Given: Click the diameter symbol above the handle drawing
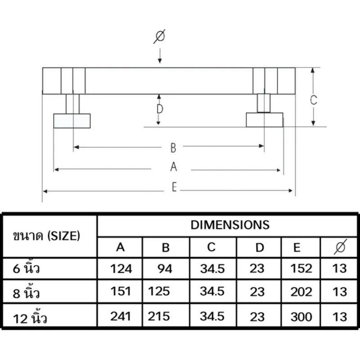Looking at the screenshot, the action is tap(159, 36).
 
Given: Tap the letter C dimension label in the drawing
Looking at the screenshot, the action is tap(313, 100).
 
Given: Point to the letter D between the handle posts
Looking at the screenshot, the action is tap(160, 109).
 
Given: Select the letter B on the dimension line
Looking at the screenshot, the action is tap(173, 148).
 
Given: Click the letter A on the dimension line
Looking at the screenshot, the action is tap(174, 166).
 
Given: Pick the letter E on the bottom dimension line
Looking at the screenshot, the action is tap(175, 187).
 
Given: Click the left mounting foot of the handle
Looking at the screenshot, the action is tap(72, 121).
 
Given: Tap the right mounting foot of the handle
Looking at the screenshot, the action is tap(265, 120).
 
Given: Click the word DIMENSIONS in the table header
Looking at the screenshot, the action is tap(230, 225).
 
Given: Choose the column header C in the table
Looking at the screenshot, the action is tap(211, 247).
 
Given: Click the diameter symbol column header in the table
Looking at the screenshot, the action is tap(340, 247).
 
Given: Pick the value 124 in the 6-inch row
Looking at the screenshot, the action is tap(121, 269).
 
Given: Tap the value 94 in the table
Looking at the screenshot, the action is tap(165, 269).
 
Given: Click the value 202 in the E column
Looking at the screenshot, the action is tap(301, 292).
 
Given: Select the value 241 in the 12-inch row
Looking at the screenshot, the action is tap(121, 316).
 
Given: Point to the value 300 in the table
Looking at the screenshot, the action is tap(301, 317).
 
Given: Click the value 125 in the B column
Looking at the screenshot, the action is tap(159, 291).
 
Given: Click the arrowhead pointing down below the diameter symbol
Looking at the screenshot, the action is tap(160, 61).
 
